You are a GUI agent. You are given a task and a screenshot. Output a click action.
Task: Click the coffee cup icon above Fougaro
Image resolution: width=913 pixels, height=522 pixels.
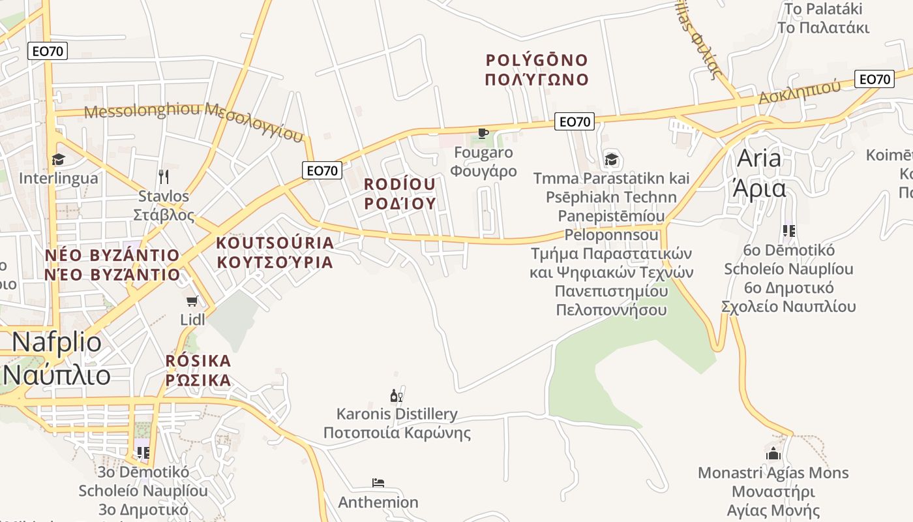483,134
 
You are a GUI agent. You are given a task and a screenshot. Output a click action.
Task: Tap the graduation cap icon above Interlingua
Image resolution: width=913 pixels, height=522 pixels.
59,159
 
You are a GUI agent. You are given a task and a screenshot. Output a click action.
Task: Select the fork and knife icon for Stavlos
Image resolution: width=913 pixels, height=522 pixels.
164,176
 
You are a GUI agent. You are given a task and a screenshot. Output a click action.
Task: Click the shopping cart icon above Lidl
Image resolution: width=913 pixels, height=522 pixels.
192,301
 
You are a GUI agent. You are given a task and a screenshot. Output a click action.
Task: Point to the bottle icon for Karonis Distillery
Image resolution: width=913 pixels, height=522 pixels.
397,395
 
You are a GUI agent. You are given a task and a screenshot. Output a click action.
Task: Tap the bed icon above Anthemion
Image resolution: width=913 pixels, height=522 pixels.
378,483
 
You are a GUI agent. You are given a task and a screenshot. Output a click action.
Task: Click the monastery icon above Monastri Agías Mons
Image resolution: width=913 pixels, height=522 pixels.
773,453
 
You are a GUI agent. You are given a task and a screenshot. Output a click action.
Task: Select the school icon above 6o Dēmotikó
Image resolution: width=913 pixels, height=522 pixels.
789,231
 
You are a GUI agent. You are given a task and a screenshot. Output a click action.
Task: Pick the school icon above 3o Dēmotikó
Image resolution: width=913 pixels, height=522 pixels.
143,452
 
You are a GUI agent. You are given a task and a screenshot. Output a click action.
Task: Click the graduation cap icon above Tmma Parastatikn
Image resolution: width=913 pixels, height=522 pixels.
611,159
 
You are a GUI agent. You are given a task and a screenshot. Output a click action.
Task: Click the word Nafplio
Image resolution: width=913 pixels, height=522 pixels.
57,343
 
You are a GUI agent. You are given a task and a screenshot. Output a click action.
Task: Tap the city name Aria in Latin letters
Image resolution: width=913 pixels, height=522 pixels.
759,159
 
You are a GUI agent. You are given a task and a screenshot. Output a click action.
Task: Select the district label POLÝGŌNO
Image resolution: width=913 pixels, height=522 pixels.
537,60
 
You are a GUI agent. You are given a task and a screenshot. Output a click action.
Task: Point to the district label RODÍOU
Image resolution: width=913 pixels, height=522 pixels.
400,184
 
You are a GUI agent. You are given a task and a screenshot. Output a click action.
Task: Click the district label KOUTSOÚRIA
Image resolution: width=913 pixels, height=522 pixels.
275,243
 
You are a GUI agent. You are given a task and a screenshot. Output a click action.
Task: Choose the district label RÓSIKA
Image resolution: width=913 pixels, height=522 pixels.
198,361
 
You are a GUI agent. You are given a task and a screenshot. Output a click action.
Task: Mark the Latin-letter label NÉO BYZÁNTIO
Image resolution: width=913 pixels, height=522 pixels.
112,254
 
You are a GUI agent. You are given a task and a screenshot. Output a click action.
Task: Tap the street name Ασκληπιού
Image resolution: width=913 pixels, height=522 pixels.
799,93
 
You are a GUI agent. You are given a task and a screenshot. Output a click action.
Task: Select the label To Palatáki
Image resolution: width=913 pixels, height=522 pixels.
823,9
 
